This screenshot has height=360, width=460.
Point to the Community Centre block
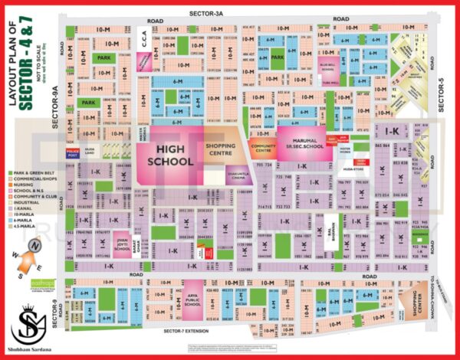[263, 146]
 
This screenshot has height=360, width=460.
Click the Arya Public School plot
[192, 295]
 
